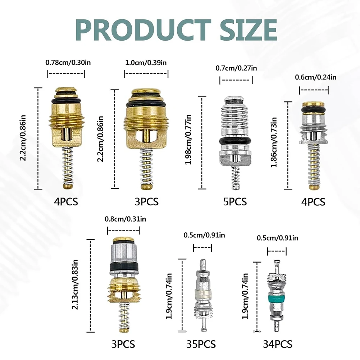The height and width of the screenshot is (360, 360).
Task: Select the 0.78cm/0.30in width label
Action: [66, 62]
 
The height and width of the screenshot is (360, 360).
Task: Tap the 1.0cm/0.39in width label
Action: [146, 62]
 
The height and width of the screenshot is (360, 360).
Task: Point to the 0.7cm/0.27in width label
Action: [236, 68]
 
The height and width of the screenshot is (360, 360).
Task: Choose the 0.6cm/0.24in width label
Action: [315, 77]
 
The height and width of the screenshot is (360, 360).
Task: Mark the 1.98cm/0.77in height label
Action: [188, 142]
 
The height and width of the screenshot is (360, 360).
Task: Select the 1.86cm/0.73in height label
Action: [274, 145]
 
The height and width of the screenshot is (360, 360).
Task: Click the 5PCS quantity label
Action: [235, 202]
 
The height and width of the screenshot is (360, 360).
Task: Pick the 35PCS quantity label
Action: [201, 344]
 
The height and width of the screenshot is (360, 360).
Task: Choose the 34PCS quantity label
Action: [277, 344]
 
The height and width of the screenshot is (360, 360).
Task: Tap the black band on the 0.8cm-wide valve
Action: [124, 268]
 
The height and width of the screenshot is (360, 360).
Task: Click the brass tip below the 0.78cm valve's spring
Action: [68, 186]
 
